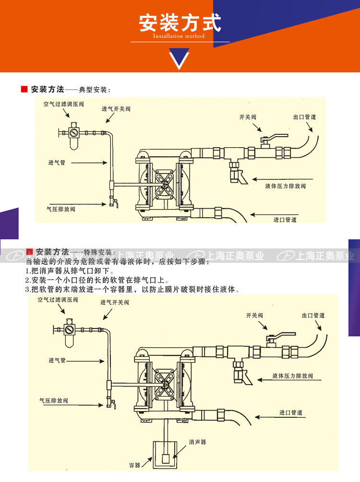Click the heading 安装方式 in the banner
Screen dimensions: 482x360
(x=180, y=23)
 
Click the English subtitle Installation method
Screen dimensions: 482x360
(x=179, y=36)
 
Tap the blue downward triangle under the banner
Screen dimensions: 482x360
(x=180, y=59)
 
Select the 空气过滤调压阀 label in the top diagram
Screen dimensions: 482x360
(x=63, y=104)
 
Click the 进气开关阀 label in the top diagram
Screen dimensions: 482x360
(x=116, y=109)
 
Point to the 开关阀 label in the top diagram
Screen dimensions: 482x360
(x=248, y=117)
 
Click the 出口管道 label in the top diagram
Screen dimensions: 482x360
(x=304, y=117)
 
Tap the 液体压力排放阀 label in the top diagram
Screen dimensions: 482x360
(x=286, y=186)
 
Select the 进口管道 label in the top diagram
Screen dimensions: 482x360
(x=285, y=220)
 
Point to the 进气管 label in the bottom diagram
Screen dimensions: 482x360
(x=56, y=360)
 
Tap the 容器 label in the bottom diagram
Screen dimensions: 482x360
(x=134, y=465)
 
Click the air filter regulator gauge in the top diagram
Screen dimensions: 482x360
(x=73, y=131)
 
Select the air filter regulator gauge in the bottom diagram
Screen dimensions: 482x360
(x=70, y=329)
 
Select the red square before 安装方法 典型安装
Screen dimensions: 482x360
(x=24, y=90)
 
